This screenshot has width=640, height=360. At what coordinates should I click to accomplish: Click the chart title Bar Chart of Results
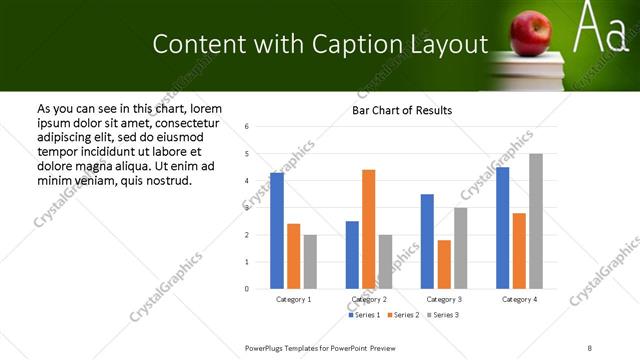pyautogui.click(x=402, y=110)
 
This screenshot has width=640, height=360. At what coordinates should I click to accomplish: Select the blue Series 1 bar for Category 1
pyautogui.click(x=277, y=231)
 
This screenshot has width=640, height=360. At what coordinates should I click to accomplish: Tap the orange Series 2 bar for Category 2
pyautogui.click(x=369, y=229)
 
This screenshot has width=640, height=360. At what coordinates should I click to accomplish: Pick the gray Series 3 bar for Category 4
pyautogui.click(x=536, y=221)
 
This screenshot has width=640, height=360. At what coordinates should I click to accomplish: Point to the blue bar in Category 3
pyautogui.click(x=427, y=241)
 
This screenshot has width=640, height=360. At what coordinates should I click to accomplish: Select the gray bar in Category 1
pyautogui.click(x=310, y=261)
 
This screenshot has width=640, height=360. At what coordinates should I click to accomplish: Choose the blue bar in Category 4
pyautogui.click(x=503, y=228)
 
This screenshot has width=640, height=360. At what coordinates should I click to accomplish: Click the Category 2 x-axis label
pyautogui.click(x=369, y=299)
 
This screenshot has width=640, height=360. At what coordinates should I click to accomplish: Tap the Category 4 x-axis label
pyautogui.click(x=519, y=299)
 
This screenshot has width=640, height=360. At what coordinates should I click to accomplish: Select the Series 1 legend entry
pyautogui.click(x=365, y=315)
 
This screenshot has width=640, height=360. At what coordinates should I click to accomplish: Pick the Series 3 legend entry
pyautogui.click(x=443, y=315)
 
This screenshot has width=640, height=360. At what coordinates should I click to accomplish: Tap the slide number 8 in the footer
pyautogui.click(x=589, y=347)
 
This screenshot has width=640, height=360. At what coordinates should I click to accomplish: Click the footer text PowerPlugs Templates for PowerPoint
pyautogui.click(x=320, y=347)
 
